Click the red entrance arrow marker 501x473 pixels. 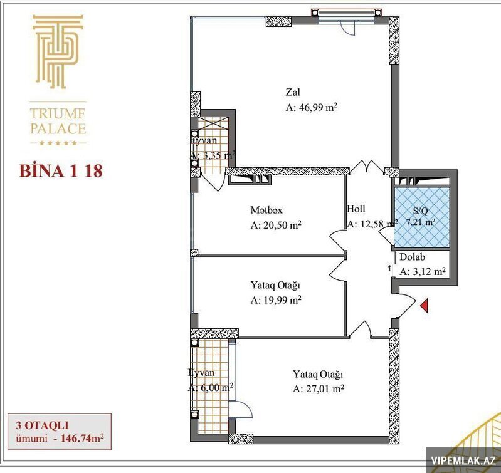tap(424, 306)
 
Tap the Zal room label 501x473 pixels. tap(293, 92)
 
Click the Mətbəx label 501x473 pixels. tap(266, 210)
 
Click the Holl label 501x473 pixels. tap(356, 209)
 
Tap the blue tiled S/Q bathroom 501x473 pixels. tap(422, 217)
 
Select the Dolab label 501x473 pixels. tap(413, 257)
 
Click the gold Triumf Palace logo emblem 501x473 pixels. tap(58, 51)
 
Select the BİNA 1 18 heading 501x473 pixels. tap(61, 171)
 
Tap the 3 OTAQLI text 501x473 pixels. tap(42, 425)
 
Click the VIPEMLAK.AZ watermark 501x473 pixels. tap(463, 460)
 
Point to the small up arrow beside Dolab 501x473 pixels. tap(389, 268)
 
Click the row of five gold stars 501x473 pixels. tap(58, 143)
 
